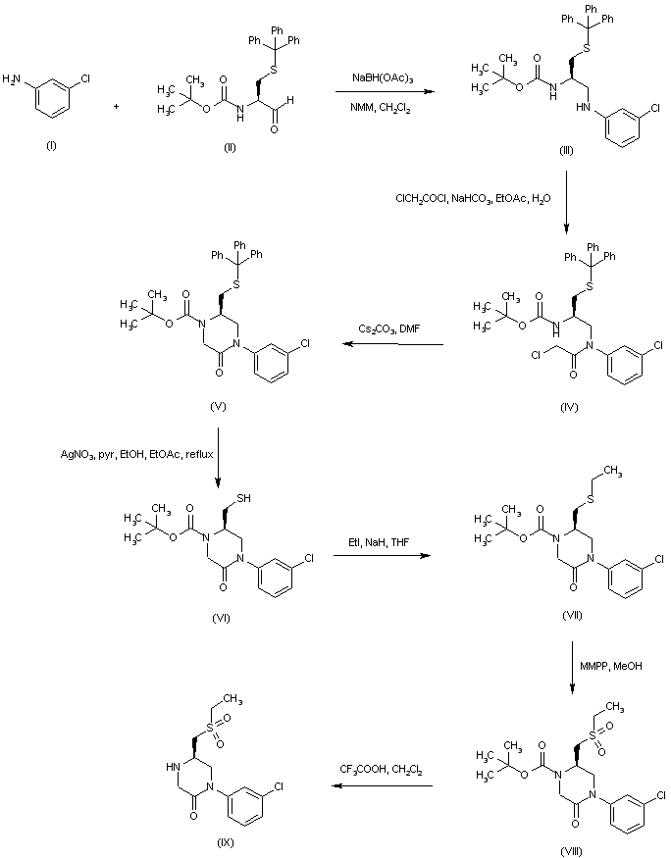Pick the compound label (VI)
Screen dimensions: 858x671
(220, 621)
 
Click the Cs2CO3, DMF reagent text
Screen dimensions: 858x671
(382, 328)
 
